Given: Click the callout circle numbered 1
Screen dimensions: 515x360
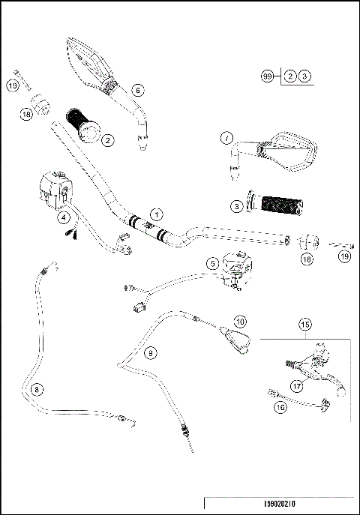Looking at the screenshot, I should click(154, 214).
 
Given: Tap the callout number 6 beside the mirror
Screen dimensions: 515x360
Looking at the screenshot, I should click(137, 89).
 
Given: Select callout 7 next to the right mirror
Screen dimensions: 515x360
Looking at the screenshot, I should click(225, 138).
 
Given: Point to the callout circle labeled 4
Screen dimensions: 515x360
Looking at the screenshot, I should click(64, 217).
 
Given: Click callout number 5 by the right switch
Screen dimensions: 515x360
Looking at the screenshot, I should click(212, 262).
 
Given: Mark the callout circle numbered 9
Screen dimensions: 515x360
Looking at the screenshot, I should click(150, 352).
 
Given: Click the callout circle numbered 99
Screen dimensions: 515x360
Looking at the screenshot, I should click(266, 76).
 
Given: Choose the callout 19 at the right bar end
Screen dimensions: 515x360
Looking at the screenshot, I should click(344, 257).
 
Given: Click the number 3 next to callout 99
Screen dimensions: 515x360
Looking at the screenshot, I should click(304, 76).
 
